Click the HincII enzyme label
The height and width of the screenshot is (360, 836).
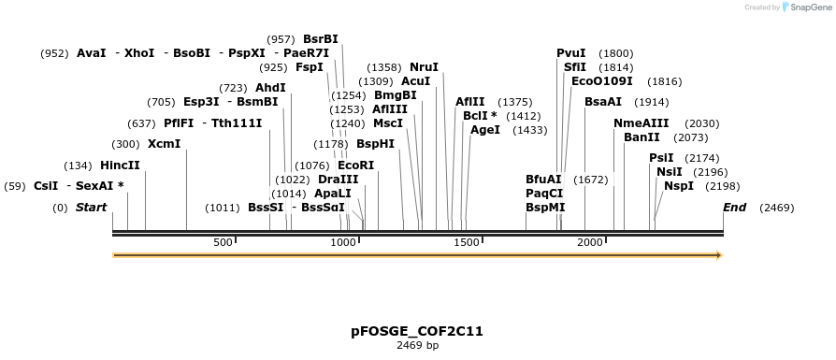click(120, 166)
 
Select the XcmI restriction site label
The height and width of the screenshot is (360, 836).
click(164, 144)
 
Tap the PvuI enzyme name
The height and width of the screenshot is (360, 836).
click(570, 53)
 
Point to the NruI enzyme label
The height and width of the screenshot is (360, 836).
click(424, 67)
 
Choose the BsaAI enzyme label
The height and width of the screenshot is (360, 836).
click(602, 102)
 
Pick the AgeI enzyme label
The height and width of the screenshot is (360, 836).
click(485, 130)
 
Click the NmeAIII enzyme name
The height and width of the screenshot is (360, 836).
click(641, 123)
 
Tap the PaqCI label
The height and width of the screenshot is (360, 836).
click(544, 193)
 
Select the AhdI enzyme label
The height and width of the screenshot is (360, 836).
click(270, 88)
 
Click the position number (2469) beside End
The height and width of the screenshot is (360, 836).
click(776, 208)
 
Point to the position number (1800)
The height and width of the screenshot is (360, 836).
click(615, 53)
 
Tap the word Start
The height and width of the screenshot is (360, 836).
click(91, 207)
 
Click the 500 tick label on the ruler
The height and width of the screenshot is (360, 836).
click(223, 242)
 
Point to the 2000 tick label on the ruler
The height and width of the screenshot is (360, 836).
click(590, 242)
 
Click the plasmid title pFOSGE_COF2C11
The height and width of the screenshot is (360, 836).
click(417, 331)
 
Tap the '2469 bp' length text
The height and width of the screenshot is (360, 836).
click(417, 345)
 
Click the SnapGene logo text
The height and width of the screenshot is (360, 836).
click(810, 7)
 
